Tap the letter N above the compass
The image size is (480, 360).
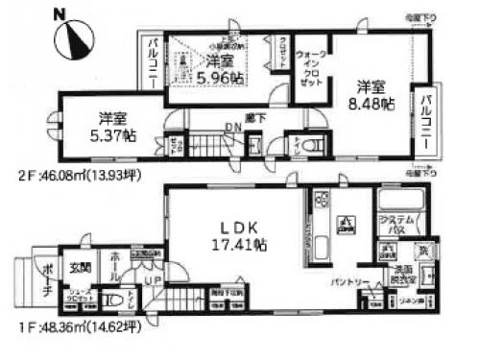60,12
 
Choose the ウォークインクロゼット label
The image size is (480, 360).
314,68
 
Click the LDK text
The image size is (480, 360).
241,228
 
